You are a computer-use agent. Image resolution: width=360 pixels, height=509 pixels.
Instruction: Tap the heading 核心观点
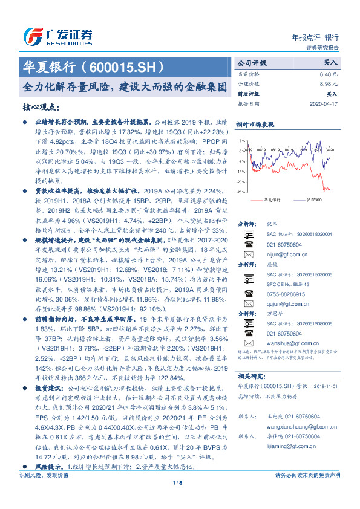(41, 107)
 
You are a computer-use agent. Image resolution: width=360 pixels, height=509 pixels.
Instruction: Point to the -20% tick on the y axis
(241, 181)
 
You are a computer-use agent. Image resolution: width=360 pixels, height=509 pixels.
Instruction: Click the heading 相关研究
(250, 375)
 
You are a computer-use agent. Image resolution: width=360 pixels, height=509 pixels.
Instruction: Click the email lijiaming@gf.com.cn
(283, 445)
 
